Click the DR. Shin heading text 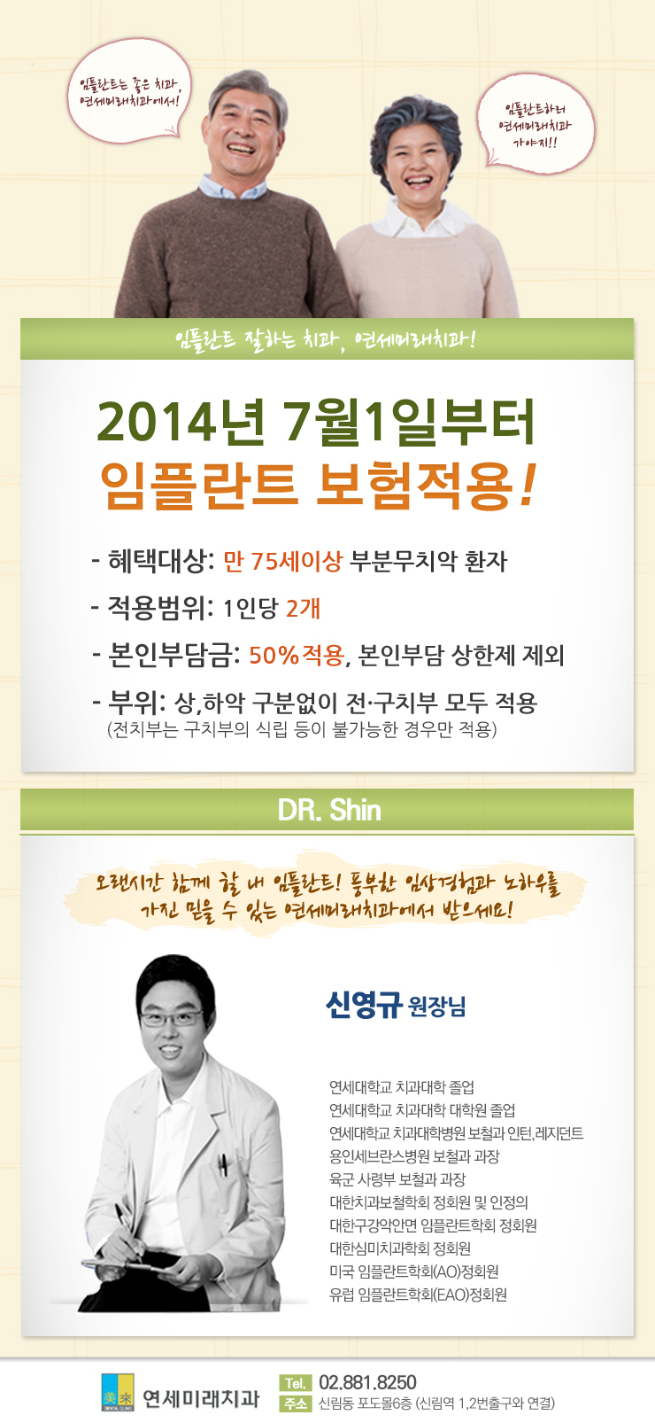click(x=328, y=811)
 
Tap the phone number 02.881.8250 click(x=367, y=1382)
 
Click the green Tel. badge click(x=295, y=1383)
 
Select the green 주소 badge click(x=295, y=1404)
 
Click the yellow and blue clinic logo click(x=118, y=1393)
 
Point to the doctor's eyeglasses click(x=170, y=1019)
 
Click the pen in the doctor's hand click(x=127, y=1231)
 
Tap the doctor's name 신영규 click(x=364, y=1005)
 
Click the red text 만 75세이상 click(x=282, y=561)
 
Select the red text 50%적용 click(x=297, y=654)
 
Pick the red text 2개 click(x=303, y=608)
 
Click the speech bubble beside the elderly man click(x=129, y=91)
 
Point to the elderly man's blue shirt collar click(x=232, y=188)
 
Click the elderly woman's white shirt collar click(x=421, y=220)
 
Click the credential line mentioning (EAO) click(x=418, y=1294)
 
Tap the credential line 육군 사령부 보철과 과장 click(x=397, y=1179)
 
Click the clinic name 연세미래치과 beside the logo click(x=201, y=1398)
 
